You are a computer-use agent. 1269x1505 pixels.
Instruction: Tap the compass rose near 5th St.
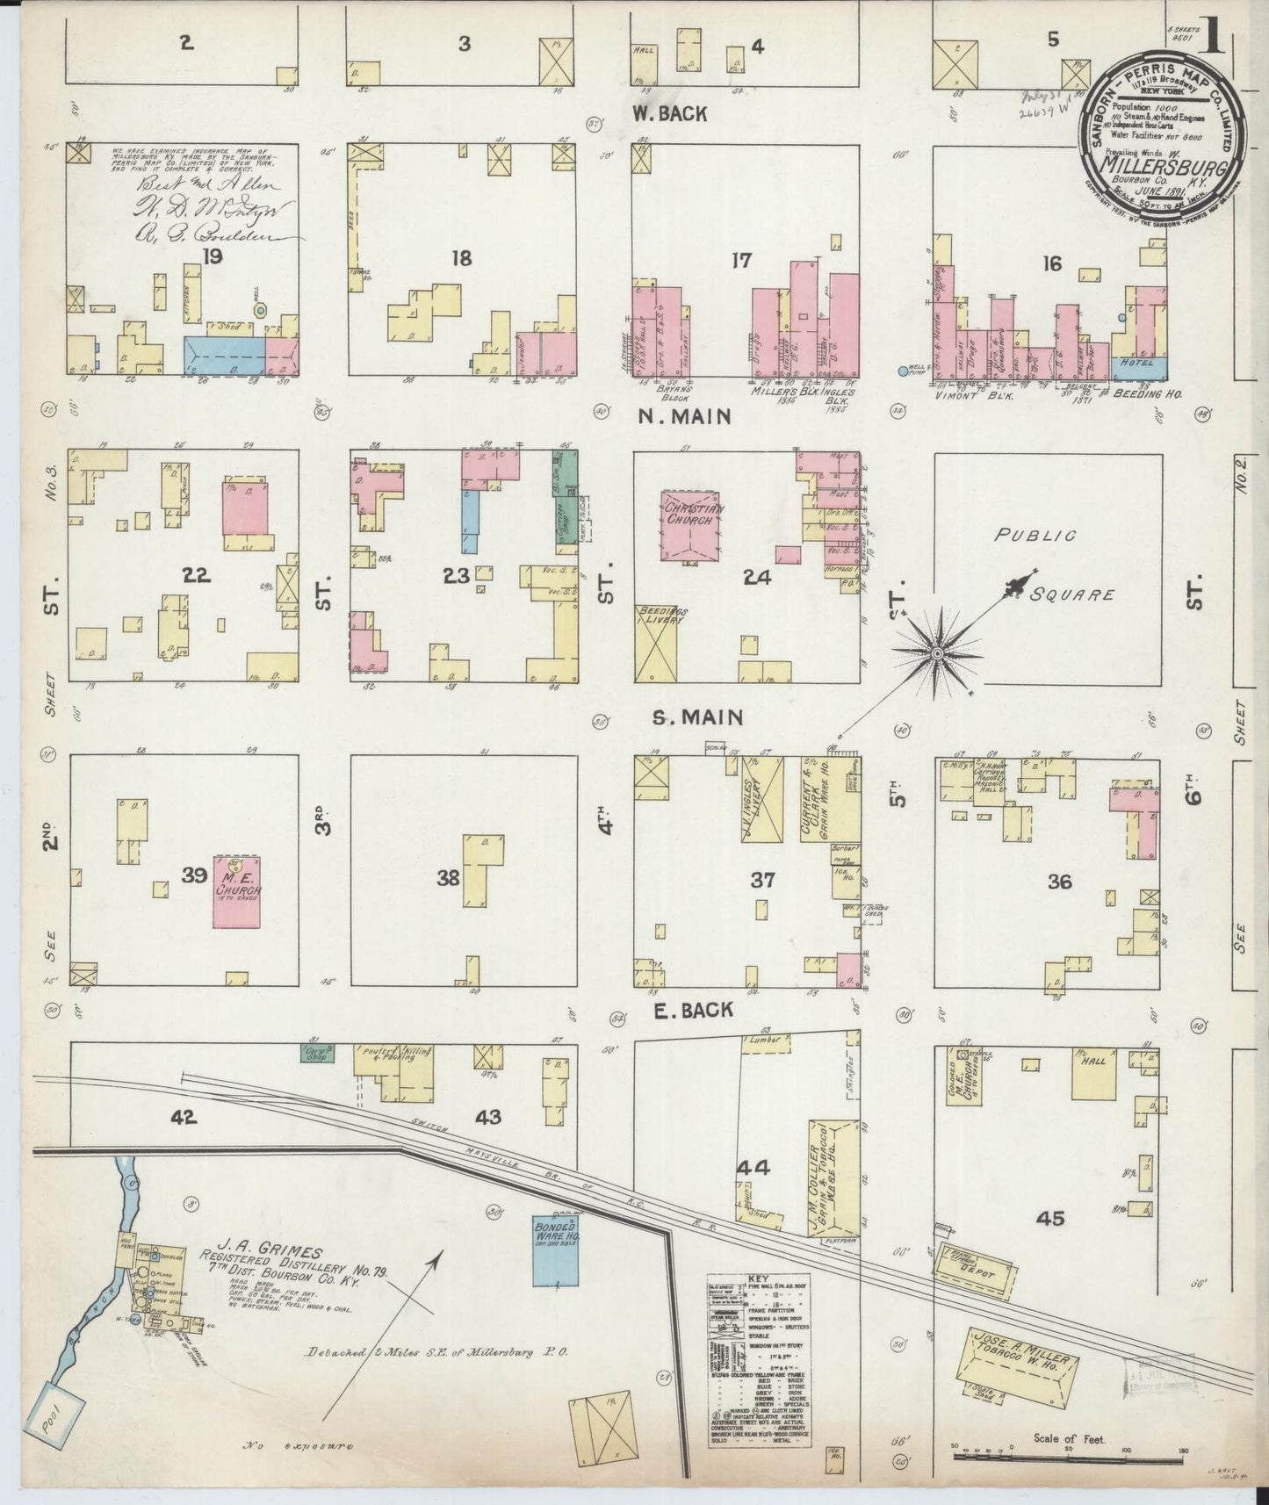937,653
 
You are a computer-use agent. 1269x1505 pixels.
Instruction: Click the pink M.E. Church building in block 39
238,892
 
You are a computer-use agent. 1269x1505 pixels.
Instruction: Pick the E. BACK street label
694,1010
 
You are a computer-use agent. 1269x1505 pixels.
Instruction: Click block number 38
449,877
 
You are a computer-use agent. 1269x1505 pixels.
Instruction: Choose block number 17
742,260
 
